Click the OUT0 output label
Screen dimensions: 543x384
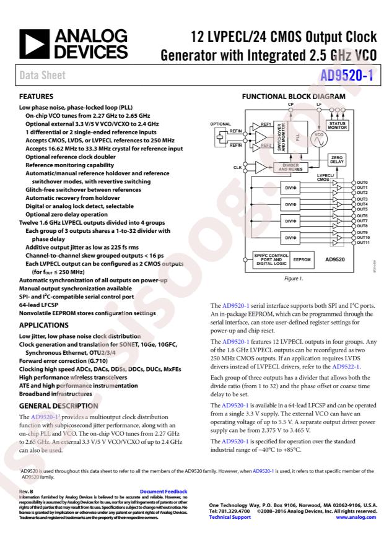click(363, 183)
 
